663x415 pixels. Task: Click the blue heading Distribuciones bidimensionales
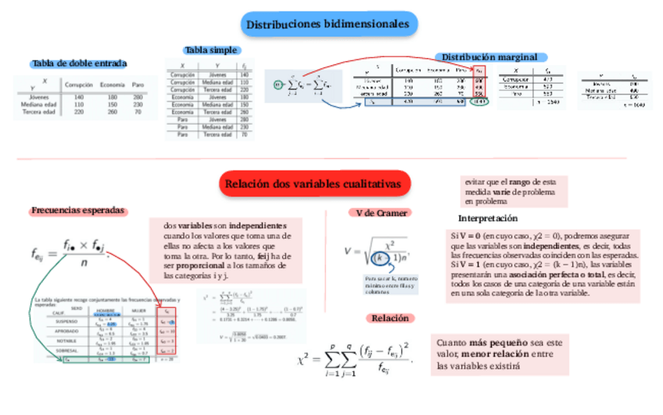[328, 25]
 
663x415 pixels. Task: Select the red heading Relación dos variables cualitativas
[316, 184]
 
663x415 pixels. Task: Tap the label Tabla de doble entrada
[79, 63]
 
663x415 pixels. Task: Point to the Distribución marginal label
[489, 57]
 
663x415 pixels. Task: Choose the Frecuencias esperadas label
[78, 211]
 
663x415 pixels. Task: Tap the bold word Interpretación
[487, 218]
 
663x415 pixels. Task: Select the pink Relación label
[390, 318]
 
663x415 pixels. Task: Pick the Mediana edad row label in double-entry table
[38, 104]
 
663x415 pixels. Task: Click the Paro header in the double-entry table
[138, 85]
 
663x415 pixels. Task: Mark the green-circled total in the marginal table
[481, 101]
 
